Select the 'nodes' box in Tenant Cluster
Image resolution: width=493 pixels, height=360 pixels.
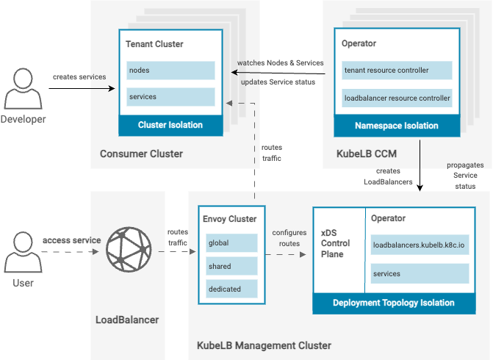170,71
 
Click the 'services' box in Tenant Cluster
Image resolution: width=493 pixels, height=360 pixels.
170,97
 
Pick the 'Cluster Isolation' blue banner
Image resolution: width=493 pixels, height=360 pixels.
170,125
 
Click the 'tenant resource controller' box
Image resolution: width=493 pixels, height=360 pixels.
397,71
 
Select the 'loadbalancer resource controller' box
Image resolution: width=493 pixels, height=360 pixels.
397,97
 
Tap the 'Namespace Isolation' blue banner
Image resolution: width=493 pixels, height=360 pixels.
397,126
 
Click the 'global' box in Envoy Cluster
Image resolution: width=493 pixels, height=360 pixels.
231,243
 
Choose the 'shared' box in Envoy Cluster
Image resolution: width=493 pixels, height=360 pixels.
231,266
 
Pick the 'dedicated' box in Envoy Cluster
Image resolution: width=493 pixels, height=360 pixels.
231,289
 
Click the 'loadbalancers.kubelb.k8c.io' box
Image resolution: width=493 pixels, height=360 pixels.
420,245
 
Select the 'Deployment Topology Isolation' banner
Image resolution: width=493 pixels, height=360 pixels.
393,303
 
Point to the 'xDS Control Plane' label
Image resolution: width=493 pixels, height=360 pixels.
336,243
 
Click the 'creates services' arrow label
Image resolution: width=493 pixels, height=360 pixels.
79,77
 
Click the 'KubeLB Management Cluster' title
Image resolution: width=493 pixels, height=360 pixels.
264,345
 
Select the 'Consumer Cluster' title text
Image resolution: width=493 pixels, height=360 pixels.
141,154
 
